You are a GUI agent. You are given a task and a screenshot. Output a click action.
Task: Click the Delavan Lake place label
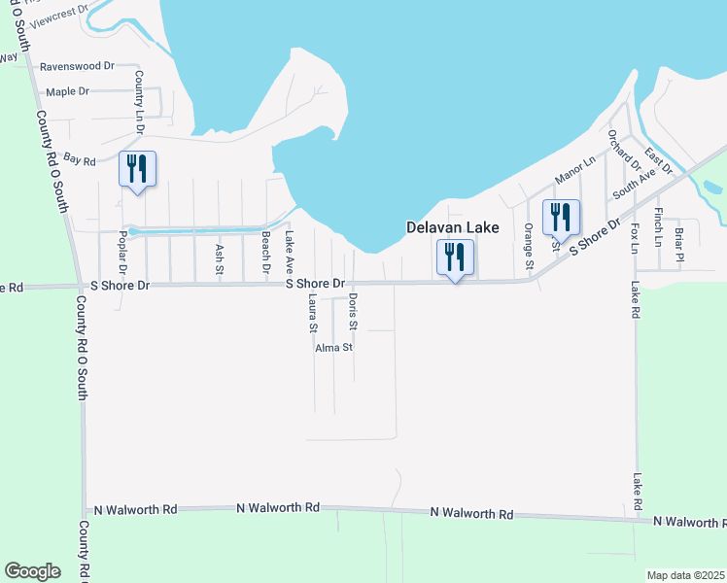452,227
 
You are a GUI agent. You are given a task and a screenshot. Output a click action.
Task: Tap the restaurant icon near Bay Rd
135,169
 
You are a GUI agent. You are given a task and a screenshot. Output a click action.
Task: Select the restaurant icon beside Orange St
560,217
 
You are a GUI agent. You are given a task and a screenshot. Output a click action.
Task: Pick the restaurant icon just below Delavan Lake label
454,257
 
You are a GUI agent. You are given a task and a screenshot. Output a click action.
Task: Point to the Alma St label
333,347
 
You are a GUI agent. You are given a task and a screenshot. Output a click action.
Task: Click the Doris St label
353,310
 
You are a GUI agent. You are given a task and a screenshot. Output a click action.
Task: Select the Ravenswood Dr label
77,66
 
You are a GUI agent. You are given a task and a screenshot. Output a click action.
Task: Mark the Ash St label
218,257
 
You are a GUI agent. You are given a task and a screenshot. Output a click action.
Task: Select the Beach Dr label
264,256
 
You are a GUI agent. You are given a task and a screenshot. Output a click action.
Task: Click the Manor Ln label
573,171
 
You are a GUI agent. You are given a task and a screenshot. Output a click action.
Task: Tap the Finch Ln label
658,225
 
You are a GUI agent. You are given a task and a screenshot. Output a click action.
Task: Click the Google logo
32,571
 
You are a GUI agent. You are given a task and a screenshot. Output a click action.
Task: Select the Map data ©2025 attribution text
684,575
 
